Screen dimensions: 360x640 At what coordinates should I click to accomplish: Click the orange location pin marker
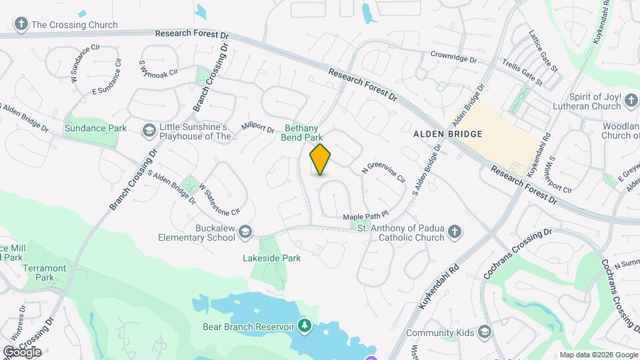click(x=321, y=159)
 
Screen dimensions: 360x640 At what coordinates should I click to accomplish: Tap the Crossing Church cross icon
click(x=21, y=25)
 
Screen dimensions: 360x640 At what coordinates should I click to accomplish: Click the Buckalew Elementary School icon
click(x=245, y=232)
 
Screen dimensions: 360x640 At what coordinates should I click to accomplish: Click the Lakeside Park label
click(x=271, y=258)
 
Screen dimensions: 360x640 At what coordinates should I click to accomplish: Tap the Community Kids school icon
click(x=485, y=333)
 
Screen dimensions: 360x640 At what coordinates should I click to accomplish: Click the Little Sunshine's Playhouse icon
click(x=149, y=130)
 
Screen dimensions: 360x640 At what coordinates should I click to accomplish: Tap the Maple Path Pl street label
click(x=365, y=217)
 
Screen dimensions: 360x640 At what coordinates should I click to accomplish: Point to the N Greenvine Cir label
click(x=384, y=173)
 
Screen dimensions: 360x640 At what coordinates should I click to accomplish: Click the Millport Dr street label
click(x=258, y=127)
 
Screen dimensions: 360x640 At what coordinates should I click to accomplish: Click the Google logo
click(x=21, y=352)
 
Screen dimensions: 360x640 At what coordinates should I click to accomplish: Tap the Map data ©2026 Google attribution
click(x=599, y=355)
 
